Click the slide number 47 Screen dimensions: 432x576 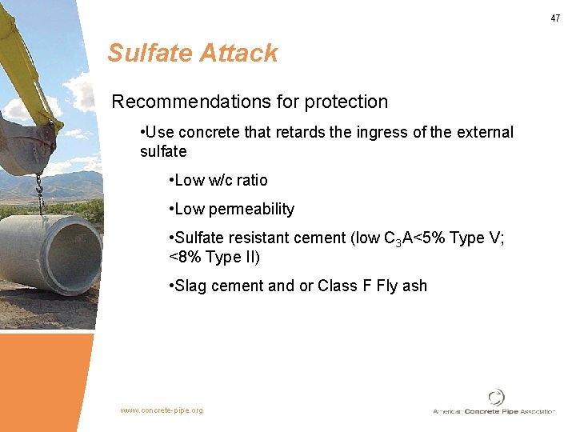[555, 18]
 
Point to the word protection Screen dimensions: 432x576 [345, 102]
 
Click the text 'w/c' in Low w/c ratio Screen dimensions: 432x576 [222, 180]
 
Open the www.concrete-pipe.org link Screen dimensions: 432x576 [162, 410]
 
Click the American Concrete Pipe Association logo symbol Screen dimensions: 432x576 [496, 397]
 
